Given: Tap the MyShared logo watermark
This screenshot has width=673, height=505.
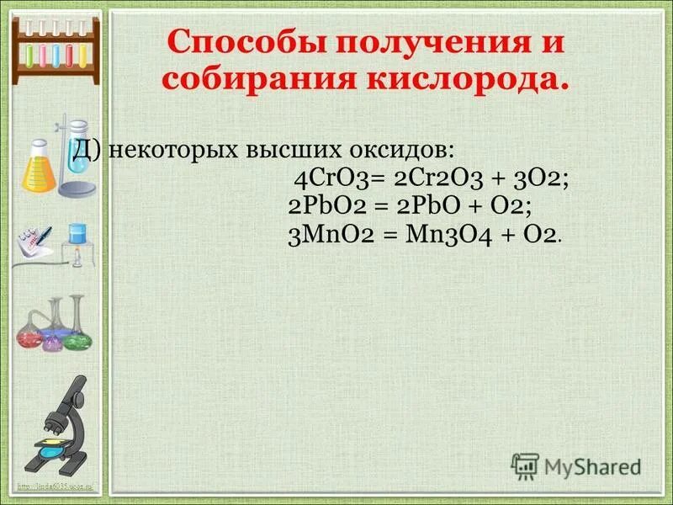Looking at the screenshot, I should [x=575, y=465].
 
